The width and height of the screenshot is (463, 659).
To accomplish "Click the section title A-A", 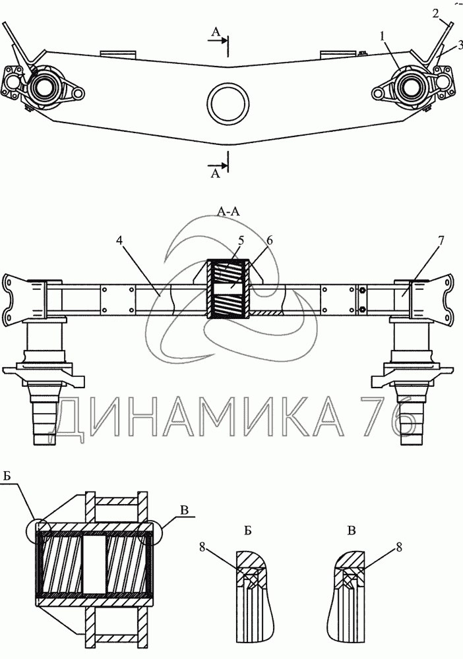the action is click(x=227, y=211).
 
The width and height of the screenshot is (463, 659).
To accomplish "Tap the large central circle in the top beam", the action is click(x=228, y=104).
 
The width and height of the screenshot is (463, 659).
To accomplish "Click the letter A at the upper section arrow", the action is click(x=215, y=32).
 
